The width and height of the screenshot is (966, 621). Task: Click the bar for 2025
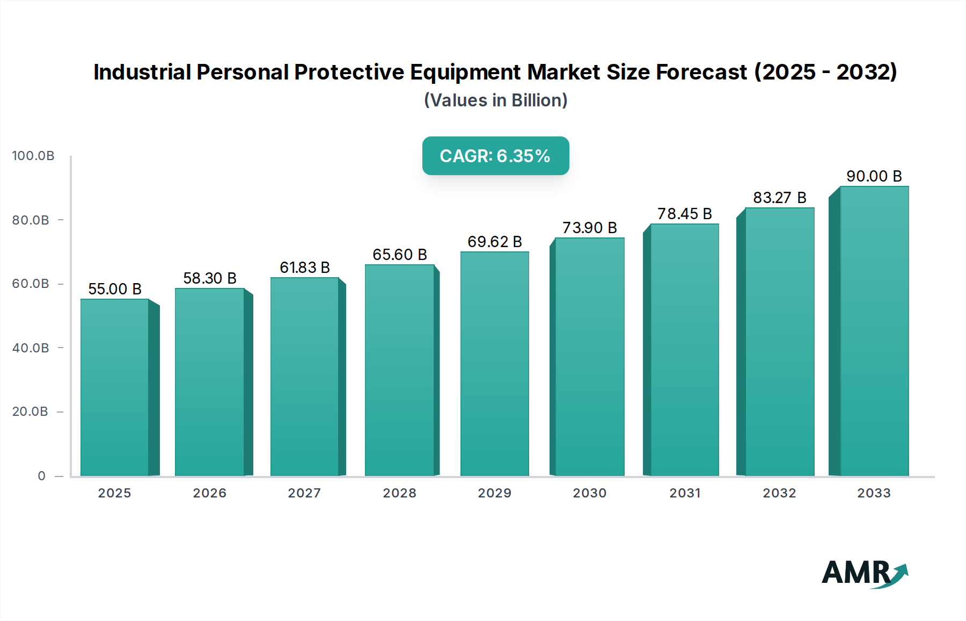115,387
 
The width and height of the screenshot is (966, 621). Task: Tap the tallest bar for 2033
874,331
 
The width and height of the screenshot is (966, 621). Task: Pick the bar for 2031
684,350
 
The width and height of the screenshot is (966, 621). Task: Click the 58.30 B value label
210,278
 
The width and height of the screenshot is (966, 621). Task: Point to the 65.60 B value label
400,255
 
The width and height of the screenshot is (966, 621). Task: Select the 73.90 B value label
589,228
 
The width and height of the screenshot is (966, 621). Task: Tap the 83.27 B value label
779,198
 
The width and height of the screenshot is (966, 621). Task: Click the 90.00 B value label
874,176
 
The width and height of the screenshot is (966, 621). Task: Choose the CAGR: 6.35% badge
495,156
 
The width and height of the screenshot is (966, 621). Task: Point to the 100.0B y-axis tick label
33,156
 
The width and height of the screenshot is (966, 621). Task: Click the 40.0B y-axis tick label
31,348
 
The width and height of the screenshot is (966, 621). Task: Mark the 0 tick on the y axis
42,476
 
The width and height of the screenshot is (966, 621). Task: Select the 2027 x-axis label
304,493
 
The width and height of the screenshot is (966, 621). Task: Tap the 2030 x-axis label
589,493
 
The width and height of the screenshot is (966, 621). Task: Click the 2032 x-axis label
779,493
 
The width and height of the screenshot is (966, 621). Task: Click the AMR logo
864,573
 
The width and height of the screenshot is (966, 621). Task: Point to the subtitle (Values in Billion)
495,100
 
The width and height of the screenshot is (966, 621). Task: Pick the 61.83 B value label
304,268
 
